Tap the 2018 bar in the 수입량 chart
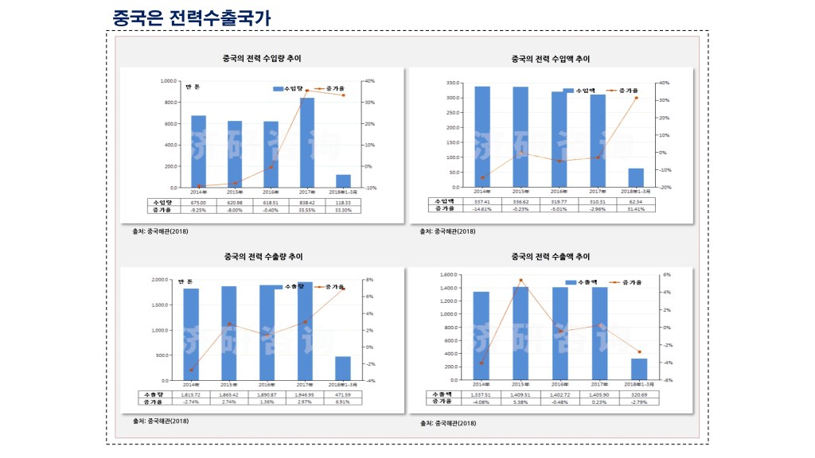(x=343, y=180)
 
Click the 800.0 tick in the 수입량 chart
(x=170, y=103)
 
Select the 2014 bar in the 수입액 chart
(x=482, y=136)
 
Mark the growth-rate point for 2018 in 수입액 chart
(x=636, y=98)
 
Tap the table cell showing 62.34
(x=635, y=201)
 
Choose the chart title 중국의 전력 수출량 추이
(x=263, y=257)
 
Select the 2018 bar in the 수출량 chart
(x=343, y=368)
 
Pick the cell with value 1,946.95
(x=305, y=394)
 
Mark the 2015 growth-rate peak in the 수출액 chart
(x=521, y=280)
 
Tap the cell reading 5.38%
(x=520, y=401)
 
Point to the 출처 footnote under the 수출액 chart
(x=448, y=423)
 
